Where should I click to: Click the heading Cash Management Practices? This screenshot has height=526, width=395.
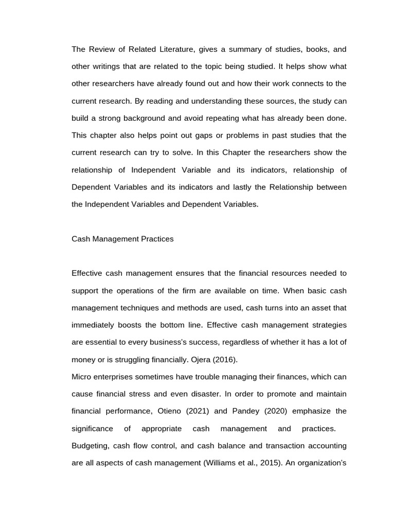pos(122,239)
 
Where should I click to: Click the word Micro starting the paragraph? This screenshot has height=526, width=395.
pos(81,377)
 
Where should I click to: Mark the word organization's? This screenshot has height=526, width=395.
pos(322,463)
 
